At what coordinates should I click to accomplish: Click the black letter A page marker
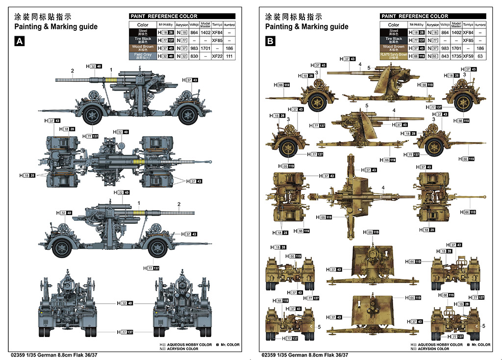[19, 42]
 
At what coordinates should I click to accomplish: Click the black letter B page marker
[270, 42]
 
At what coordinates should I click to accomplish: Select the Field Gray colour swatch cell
[142, 56]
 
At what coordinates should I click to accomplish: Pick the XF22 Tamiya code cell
[217, 56]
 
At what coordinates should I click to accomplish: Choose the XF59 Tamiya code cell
[468, 56]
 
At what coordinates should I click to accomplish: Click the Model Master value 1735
[456, 56]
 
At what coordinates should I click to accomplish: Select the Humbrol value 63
[480, 56]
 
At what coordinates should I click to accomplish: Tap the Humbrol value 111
[229, 56]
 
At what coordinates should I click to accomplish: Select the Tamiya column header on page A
[217, 24]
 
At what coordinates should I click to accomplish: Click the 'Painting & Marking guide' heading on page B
[306, 26]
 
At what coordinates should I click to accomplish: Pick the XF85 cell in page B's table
[468, 40]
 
